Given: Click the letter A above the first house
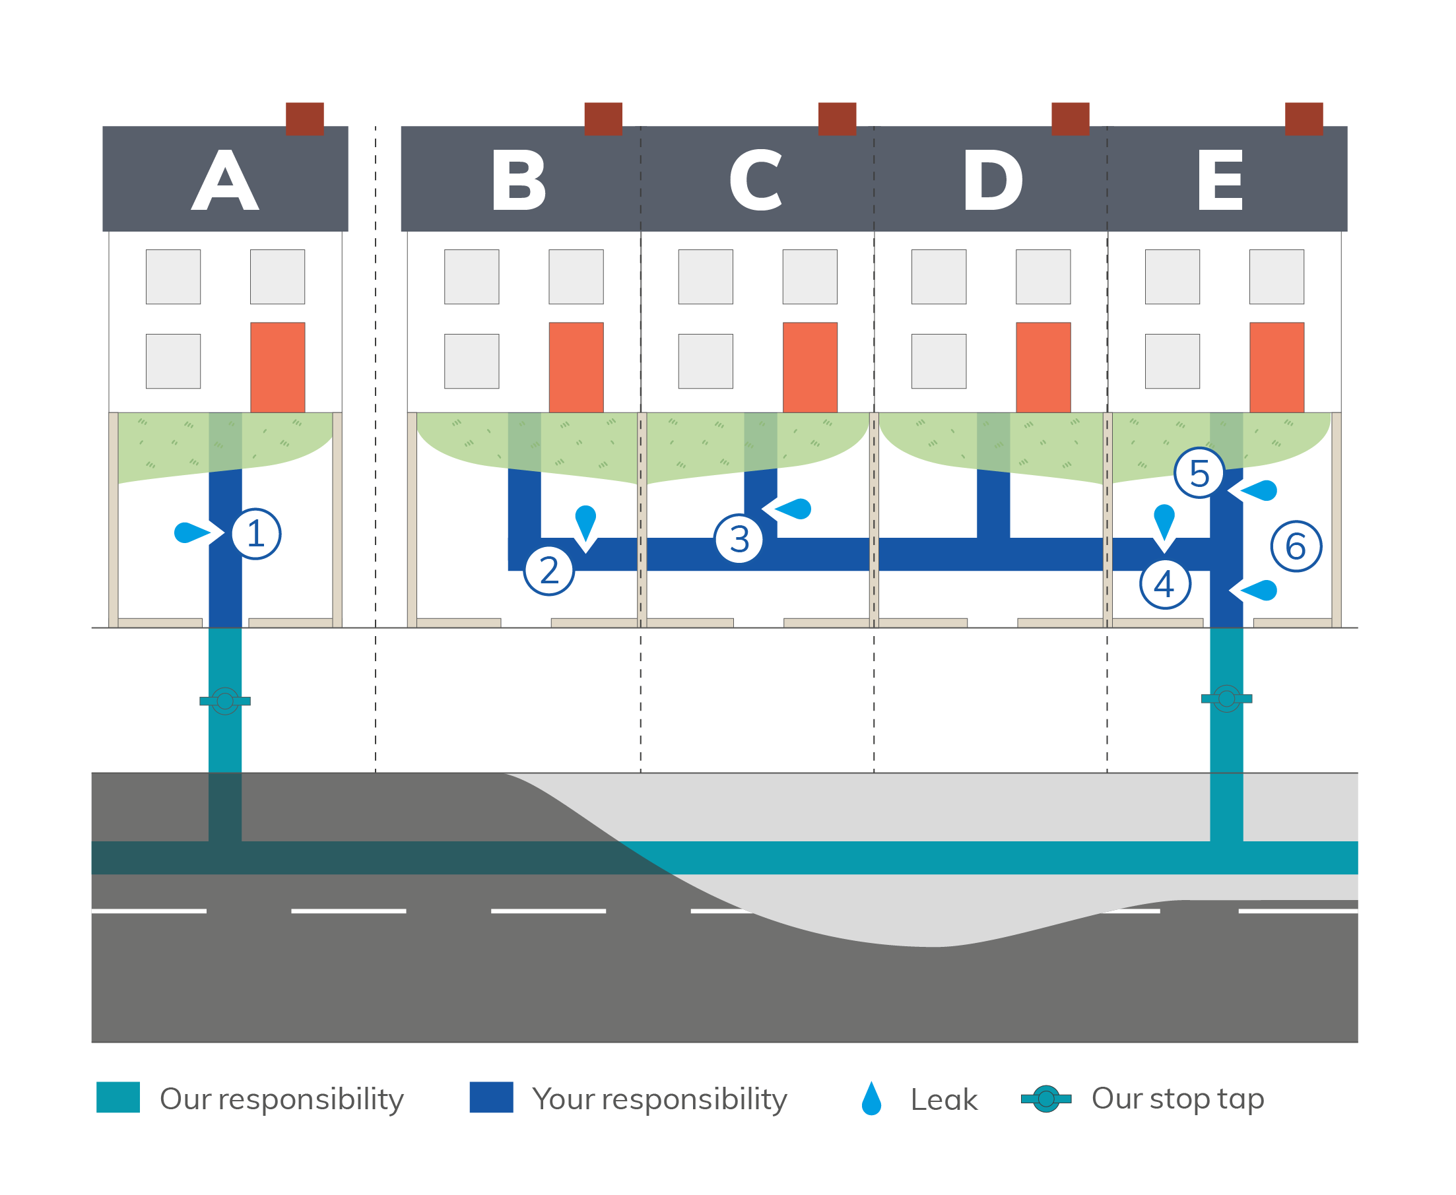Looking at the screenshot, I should pyautogui.click(x=225, y=180).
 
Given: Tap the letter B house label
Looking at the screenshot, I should pyautogui.click(x=519, y=180).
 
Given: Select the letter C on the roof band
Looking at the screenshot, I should pyautogui.click(x=756, y=180).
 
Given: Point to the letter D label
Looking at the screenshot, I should pyautogui.click(x=993, y=180).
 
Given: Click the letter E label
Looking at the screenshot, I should pyautogui.click(x=1220, y=180).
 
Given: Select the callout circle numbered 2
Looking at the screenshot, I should pyautogui.click(x=548, y=571).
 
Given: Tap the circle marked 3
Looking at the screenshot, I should pyautogui.click(x=739, y=539).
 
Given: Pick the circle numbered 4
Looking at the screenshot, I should pyautogui.click(x=1165, y=585).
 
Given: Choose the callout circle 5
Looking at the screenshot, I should pyautogui.click(x=1199, y=473).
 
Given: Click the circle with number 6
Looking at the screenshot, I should pyautogui.click(x=1296, y=546).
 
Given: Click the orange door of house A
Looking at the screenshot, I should pyautogui.click(x=277, y=367).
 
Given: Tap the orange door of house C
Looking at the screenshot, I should pyautogui.click(x=810, y=367).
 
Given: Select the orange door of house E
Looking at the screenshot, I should pyautogui.click(x=1276, y=367).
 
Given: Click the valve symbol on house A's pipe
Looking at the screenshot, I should pyautogui.click(x=225, y=701).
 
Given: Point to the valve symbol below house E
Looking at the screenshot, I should pyautogui.click(x=1226, y=699).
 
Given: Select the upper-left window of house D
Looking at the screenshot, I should pyautogui.click(x=939, y=276).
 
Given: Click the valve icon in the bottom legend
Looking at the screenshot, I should pyautogui.click(x=1045, y=1099).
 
